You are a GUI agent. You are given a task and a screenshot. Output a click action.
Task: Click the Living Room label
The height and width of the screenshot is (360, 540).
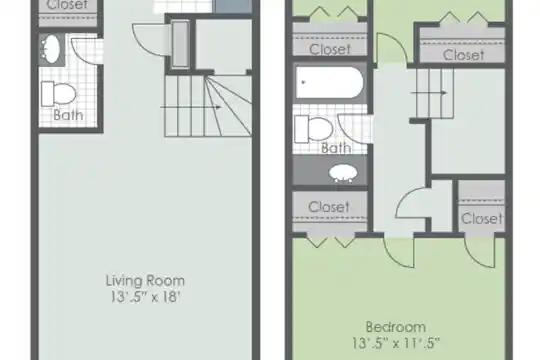tap(145, 281)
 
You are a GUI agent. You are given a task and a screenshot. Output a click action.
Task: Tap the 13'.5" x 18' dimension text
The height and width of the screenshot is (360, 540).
tap(145, 297)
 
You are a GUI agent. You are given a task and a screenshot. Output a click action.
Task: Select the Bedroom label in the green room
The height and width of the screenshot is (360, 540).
tap(396, 327)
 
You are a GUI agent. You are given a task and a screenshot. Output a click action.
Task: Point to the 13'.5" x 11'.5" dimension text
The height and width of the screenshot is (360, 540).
tap(396, 343)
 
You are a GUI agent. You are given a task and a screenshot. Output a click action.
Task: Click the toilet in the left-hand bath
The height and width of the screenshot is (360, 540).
tap(58, 94)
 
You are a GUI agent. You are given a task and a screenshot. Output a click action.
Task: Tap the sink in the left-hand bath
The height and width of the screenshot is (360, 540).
tap(51, 49)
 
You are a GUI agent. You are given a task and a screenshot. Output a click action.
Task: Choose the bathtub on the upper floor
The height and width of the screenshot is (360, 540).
tap(329, 83)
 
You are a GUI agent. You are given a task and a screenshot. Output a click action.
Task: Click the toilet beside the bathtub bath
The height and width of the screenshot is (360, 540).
tap(313, 130)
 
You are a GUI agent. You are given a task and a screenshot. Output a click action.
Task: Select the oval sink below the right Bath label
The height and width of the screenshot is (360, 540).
tap(343, 173)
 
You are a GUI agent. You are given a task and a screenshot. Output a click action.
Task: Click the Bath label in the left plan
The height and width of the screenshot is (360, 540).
tap(68, 115)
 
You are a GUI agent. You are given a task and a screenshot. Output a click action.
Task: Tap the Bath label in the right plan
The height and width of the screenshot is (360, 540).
tap(336, 148)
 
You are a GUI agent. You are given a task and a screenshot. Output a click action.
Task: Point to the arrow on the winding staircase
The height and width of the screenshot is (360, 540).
tap(190, 107)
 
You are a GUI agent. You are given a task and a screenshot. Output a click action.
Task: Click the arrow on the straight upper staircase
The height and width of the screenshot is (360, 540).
tap(429, 93)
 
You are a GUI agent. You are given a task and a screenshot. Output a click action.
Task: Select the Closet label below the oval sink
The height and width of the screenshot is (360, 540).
tap(329, 207)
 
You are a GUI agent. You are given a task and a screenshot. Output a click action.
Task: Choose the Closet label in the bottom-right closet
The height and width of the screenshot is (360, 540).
tap(481, 219)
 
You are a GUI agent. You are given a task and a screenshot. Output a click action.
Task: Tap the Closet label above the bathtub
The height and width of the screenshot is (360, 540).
tap(330, 49)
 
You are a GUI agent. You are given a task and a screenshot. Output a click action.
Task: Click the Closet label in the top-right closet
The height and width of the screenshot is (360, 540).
tap(463, 55)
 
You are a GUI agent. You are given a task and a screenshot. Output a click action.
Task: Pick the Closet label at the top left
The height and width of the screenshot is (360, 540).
tap(68, 5)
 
